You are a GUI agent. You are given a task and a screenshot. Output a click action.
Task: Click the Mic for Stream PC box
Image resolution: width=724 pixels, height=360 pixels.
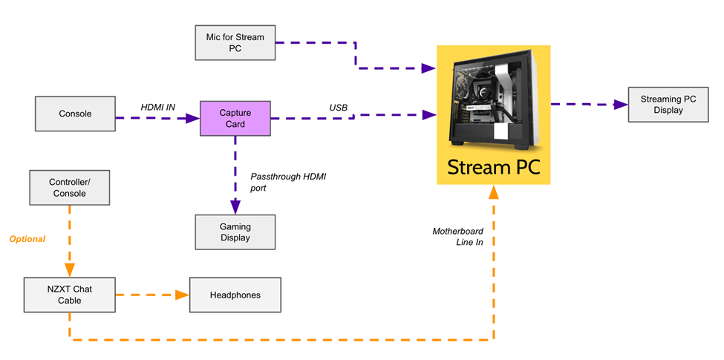(235, 42)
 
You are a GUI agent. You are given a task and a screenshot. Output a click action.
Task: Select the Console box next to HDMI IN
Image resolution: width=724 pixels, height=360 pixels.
(75, 114)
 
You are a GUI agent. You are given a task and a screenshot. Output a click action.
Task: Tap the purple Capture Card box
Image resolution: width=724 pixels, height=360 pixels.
(235, 118)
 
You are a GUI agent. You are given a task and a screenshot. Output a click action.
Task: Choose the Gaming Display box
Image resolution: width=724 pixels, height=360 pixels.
(235, 232)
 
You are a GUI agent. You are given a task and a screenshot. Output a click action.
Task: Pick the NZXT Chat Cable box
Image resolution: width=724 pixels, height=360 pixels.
(70, 295)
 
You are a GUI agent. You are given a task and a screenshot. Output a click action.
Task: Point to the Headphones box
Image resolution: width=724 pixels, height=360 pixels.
(235, 295)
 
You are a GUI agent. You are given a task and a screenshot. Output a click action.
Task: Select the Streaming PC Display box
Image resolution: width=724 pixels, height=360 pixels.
(668, 105)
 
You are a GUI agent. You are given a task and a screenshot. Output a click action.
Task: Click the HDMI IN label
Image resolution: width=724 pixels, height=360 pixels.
(158, 108)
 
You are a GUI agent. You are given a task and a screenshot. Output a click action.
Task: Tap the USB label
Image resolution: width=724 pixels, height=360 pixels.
(339, 108)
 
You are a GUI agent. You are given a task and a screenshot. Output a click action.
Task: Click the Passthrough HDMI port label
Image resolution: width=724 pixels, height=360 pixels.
(289, 183)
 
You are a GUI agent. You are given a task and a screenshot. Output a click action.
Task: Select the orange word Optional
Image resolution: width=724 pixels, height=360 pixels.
(27, 239)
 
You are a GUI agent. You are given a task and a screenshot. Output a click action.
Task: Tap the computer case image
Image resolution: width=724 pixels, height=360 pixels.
(493, 96)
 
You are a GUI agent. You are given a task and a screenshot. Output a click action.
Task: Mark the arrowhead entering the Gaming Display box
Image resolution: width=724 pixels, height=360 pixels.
(235, 208)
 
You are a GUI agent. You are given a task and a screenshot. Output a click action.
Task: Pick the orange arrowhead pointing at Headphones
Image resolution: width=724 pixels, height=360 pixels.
(181, 295)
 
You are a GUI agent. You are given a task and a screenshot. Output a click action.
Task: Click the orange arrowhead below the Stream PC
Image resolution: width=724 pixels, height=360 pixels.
(493, 192)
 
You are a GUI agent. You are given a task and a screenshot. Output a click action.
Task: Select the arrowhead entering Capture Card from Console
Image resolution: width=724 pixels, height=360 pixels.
(193, 118)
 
